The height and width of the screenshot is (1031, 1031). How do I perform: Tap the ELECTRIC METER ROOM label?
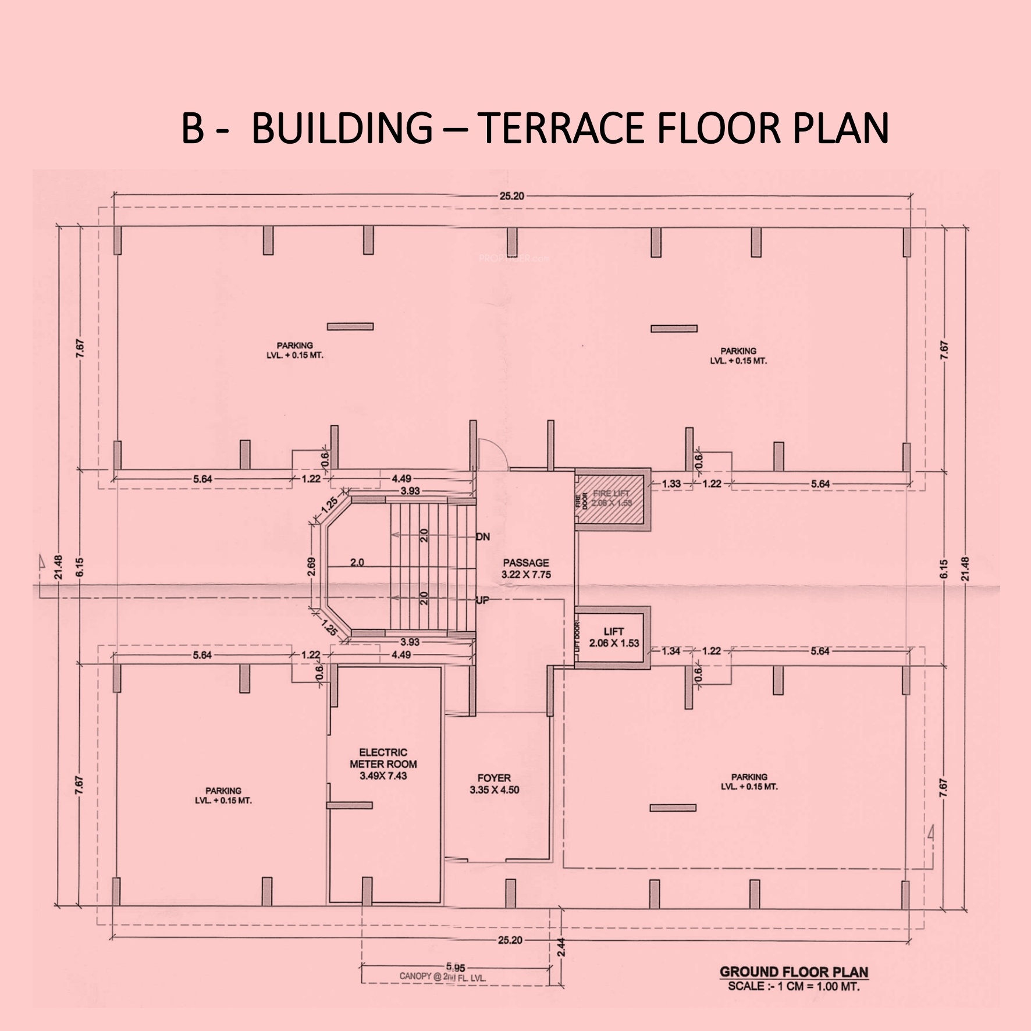click(x=383, y=765)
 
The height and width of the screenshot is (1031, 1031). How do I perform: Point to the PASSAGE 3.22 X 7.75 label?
click(x=525, y=568)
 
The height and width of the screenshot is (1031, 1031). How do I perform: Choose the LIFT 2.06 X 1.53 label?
click(x=614, y=637)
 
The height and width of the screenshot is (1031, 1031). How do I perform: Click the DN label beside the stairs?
click(x=482, y=536)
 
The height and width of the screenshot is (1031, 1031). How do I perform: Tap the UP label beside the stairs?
click(x=482, y=600)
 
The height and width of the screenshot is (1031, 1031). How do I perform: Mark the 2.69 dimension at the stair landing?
click(x=312, y=567)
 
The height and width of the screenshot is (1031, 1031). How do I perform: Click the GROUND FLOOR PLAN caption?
click(x=794, y=972)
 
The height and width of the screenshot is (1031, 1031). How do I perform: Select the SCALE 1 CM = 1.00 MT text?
click(x=794, y=986)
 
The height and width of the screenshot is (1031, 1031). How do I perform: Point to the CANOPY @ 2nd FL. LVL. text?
click(x=443, y=977)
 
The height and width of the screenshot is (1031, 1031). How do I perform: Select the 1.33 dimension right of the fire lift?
click(x=671, y=483)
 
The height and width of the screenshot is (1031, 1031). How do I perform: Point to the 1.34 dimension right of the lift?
click(x=671, y=650)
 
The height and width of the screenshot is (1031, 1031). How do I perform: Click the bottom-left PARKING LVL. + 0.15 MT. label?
click(x=223, y=795)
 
